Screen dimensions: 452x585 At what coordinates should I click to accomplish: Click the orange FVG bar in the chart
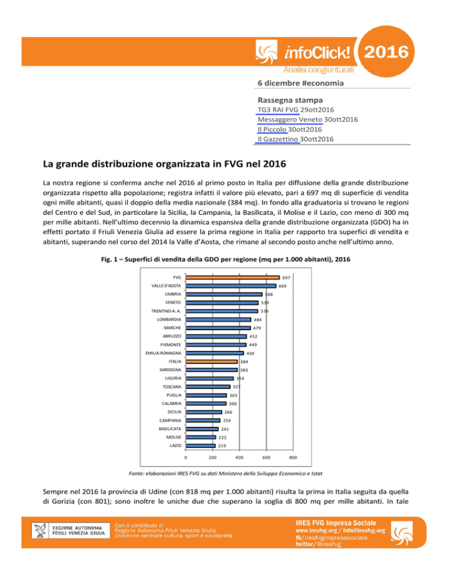coord(232,278)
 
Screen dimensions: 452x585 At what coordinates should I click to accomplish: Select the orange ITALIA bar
coord(212,361)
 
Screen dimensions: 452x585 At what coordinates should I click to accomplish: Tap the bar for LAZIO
coord(201,446)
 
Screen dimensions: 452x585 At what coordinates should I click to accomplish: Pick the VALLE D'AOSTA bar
coord(231,286)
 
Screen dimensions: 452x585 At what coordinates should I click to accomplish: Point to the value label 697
coord(286,278)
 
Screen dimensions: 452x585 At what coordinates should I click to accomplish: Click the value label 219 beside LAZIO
coord(222,446)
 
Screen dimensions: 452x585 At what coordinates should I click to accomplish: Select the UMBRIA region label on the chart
coord(173,294)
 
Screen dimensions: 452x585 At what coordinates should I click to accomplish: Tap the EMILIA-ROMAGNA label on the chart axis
coord(163,353)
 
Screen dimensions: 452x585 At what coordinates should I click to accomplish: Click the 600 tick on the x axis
coord(266,457)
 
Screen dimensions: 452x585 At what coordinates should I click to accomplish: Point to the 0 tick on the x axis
coord(186,457)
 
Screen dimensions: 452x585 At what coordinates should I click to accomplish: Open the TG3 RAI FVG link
coord(278,109)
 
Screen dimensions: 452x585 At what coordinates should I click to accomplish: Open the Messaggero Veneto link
coord(290,119)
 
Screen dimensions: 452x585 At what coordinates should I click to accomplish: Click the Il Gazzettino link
coord(278,139)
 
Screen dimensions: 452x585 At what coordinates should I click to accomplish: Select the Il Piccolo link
coord(272,129)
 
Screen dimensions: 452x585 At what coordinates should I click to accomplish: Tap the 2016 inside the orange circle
coord(386,52)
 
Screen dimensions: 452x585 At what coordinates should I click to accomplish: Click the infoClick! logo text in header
coord(317,52)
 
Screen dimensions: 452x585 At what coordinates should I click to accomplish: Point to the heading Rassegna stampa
coord(290,100)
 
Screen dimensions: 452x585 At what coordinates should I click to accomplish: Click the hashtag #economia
coord(323,83)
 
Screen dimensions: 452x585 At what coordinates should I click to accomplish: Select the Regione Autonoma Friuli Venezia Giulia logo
coord(71,530)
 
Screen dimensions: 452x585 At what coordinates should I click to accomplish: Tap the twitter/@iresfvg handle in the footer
coord(318,544)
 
